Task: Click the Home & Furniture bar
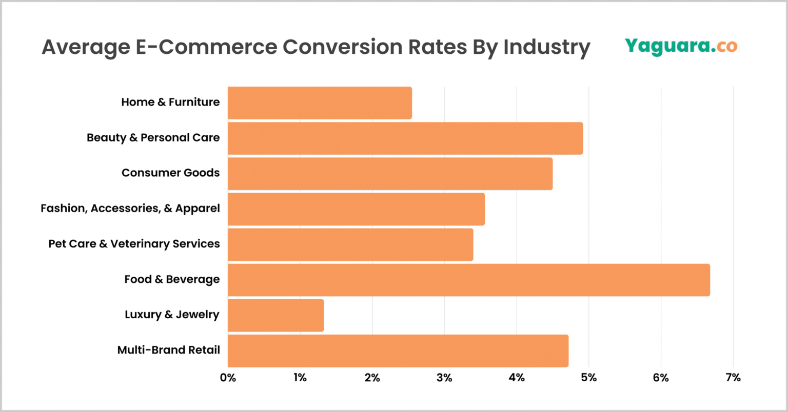coord(320,103)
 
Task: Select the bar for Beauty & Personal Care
coord(405,138)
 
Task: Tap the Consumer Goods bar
coord(390,174)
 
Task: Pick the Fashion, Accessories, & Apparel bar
coord(356,209)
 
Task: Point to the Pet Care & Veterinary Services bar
coord(350,244)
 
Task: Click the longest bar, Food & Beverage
coord(468,280)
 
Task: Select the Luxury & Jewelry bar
coord(275,315)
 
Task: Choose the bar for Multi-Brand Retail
coord(398,351)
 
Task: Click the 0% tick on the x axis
coord(228,378)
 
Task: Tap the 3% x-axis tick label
coord(444,378)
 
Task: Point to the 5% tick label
coord(589,378)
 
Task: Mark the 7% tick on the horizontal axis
coord(733,378)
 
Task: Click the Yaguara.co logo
coord(681,46)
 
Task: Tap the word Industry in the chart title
coord(546,47)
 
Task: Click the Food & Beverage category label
coord(172,280)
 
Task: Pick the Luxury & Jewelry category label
coord(172,315)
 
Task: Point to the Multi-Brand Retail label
coord(168,351)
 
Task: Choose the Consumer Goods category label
coord(170,173)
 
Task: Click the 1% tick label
coord(300,378)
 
